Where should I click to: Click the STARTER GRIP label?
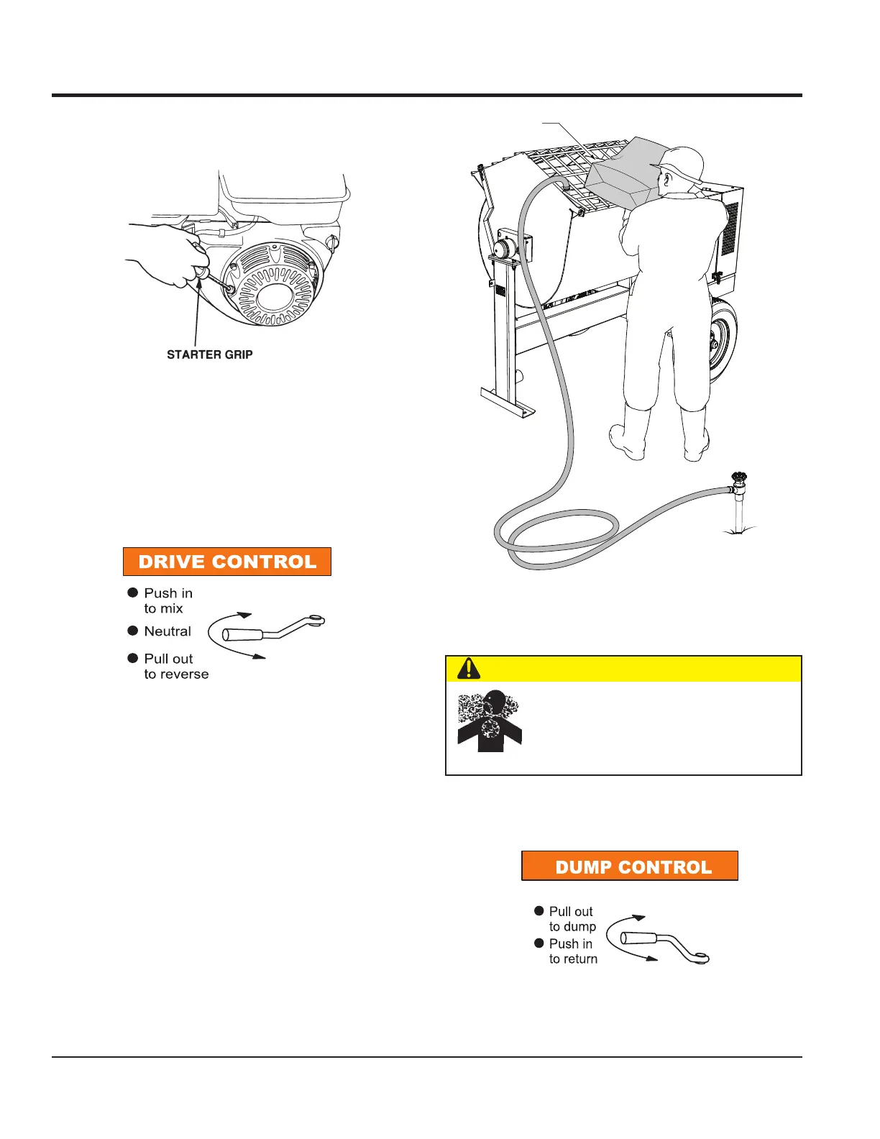[209, 354]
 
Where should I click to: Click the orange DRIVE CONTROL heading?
[227, 562]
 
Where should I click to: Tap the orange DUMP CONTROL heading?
[630, 866]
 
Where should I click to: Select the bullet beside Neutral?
[133, 631]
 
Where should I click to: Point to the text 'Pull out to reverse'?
[176, 667]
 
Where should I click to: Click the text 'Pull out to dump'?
[572, 919]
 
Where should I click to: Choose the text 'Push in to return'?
[573, 951]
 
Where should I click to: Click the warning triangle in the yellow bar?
[469, 668]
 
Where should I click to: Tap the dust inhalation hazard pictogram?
[490, 721]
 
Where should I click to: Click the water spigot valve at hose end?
[738, 480]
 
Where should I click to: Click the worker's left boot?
[628, 436]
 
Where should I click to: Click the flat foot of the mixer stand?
[508, 403]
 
